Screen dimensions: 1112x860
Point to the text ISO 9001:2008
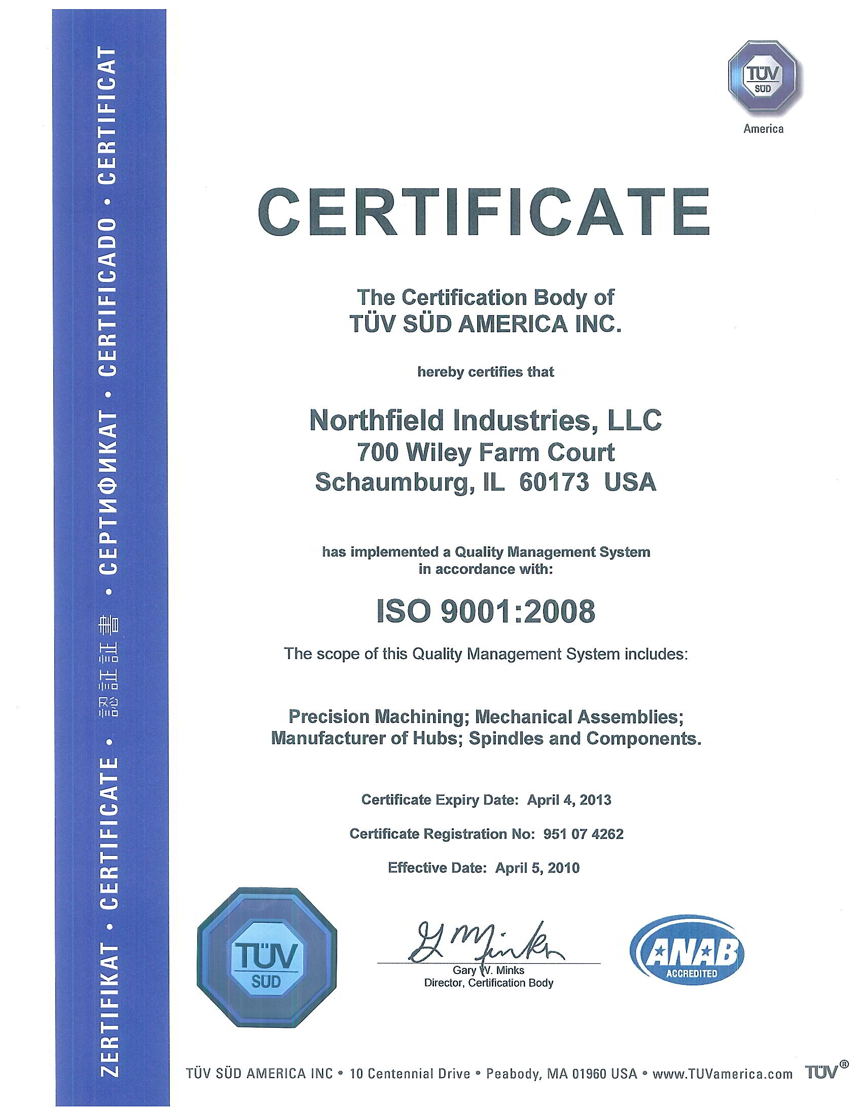coord(486,611)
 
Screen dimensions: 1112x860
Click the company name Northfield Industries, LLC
coord(485,421)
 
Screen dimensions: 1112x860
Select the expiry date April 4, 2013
coord(568,800)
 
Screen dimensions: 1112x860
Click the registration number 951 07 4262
coord(583,833)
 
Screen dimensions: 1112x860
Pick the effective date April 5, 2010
coord(537,867)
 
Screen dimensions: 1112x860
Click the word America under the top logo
coord(763,129)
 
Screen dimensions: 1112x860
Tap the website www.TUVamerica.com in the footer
coord(722,1074)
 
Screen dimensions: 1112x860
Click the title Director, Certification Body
coord(488,983)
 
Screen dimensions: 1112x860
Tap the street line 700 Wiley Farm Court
coord(485,452)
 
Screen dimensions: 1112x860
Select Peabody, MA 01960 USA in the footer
coord(561,1074)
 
